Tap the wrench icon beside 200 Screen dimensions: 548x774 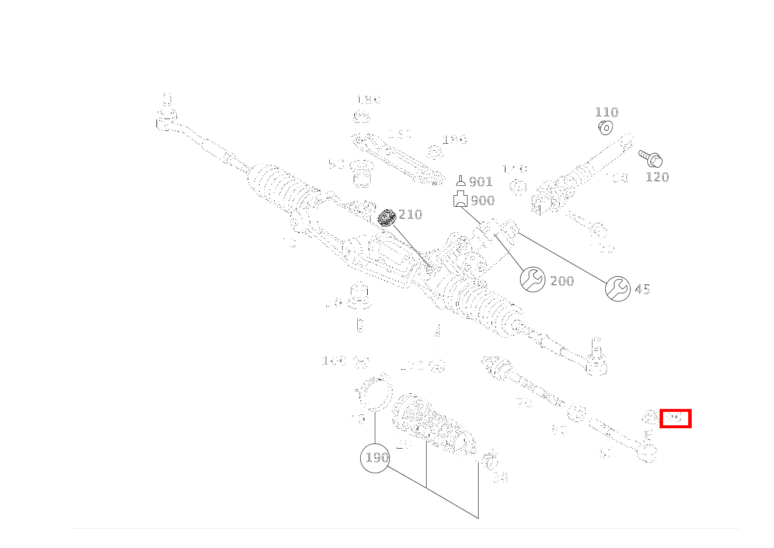pyautogui.click(x=532, y=280)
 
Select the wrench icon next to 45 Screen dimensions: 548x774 pyautogui.click(x=618, y=288)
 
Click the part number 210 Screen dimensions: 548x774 pyautogui.click(x=410, y=214)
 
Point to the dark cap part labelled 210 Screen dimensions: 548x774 pyautogui.click(x=386, y=217)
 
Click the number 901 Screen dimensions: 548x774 pyautogui.click(x=480, y=182)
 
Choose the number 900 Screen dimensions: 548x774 pyautogui.click(x=482, y=200)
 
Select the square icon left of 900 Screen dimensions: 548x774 pyautogui.click(x=461, y=199)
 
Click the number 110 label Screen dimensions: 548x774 pyautogui.click(x=606, y=112)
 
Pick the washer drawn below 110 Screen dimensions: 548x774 pyautogui.click(x=605, y=127)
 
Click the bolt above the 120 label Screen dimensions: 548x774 pyautogui.click(x=651, y=158)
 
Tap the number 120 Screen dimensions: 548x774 pyautogui.click(x=657, y=177)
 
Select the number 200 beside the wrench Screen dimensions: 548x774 pyautogui.click(x=562, y=281)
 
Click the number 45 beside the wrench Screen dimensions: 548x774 pyautogui.click(x=642, y=289)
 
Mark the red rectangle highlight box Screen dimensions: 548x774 pyautogui.click(x=675, y=418)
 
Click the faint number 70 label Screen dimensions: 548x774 pyautogui.click(x=524, y=402)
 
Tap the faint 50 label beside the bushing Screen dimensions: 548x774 pyautogui.click(x=336, y=165)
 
